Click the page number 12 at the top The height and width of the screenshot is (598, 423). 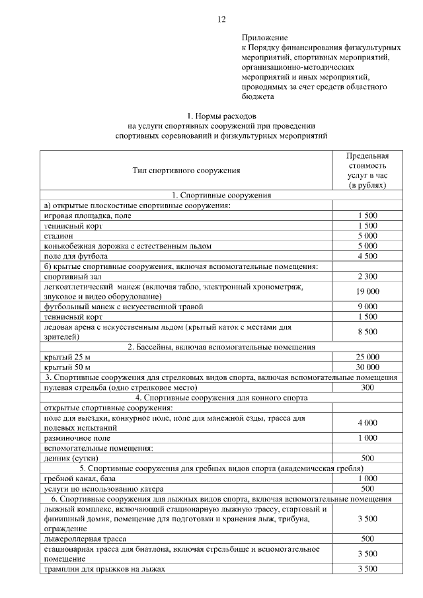pos(221,19)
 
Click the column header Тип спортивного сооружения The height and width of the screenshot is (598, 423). pos(186,170)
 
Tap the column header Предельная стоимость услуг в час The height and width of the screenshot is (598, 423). pos(367,170)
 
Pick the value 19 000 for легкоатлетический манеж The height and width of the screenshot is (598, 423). pos(367,291)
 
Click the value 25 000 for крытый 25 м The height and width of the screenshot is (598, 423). pos(367,357)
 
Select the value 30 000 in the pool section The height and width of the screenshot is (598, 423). pos(367,366)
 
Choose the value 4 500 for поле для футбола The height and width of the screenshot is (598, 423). pos(367,256)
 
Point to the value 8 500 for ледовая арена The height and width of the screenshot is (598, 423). pos(367,332)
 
